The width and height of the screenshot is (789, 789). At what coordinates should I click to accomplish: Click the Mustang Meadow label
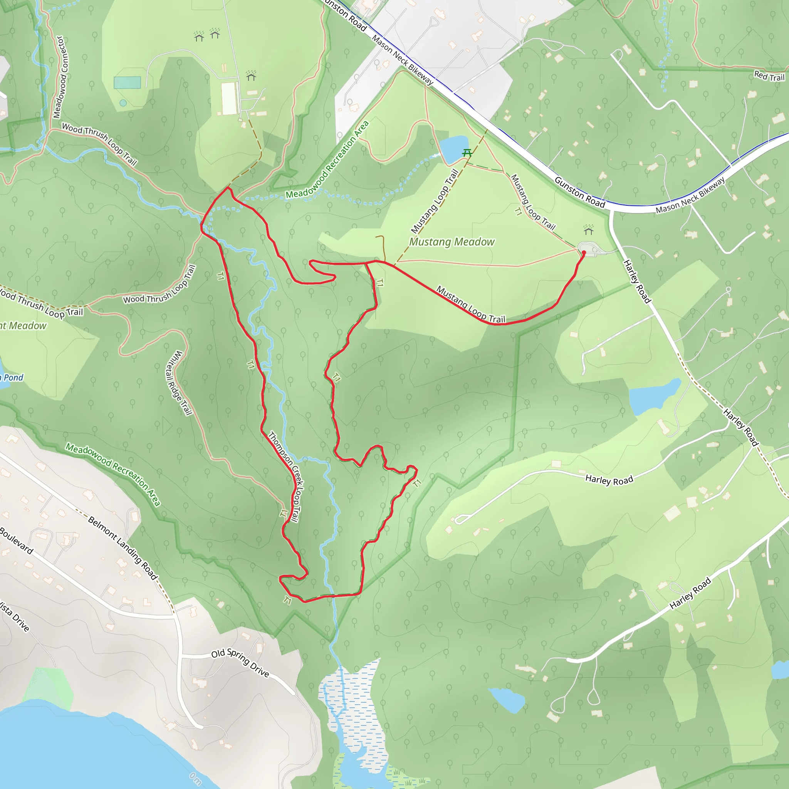[x=452, y=242]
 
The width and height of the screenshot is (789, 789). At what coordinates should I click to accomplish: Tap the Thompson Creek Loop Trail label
[x=286, y=477]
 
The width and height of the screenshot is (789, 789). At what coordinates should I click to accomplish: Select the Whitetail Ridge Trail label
[x=179, y=383]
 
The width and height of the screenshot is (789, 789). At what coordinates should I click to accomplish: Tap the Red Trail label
[x=769, y=76]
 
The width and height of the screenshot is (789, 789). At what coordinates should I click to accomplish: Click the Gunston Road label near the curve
[x=579, y=192]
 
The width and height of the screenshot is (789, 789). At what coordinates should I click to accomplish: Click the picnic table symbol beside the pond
[x=467, y=153]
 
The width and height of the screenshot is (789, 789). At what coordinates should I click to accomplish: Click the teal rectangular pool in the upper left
[x=128, y=82]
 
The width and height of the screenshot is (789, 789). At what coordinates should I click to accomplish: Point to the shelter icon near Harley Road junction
[x=588, y=230]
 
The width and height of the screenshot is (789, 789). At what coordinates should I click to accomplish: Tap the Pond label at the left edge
[x=13, y=377]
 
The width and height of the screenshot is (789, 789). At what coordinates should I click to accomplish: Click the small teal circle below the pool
[x=123, y=103]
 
